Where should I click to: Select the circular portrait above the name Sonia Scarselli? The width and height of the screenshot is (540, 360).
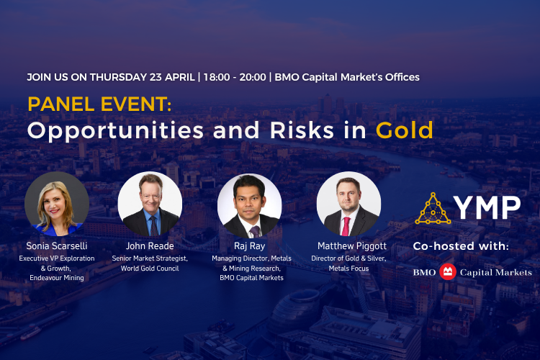pyautogui.click(x=57, y=204)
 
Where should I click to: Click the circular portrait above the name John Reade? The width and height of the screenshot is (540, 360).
pyautogui.click(x=150, y=204)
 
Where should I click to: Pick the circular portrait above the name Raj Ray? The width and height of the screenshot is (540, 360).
pyautogui.click(x=249, y=205)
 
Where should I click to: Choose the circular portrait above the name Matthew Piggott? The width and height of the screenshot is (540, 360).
pyautogui.click(x=348, y=204)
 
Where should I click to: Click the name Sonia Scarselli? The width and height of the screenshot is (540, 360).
pyautogui.click(x=57, y=246)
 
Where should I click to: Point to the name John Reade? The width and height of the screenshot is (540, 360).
pyautogui.click(x=150, y=246)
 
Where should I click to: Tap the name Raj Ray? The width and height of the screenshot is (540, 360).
pyautogui.click(x=249, y=246)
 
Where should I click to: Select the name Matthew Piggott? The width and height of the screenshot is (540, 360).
pyautogui.click(x=348, y=246)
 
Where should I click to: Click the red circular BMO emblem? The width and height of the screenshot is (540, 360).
pyautogui.click(x=447, y=271)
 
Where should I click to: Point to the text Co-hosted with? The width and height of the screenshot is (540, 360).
pyautogui.click(x=461, y=246)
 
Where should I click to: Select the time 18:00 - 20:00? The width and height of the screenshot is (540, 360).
pyautogui.click(x=235, y=76)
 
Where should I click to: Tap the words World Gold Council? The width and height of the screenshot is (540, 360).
pyautogui.click(x=150, y=267)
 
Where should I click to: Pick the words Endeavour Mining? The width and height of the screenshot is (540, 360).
pyautogui.click(x=57, y=277)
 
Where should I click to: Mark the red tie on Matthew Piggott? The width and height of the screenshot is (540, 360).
pyautogui.click(x=346, y=224)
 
